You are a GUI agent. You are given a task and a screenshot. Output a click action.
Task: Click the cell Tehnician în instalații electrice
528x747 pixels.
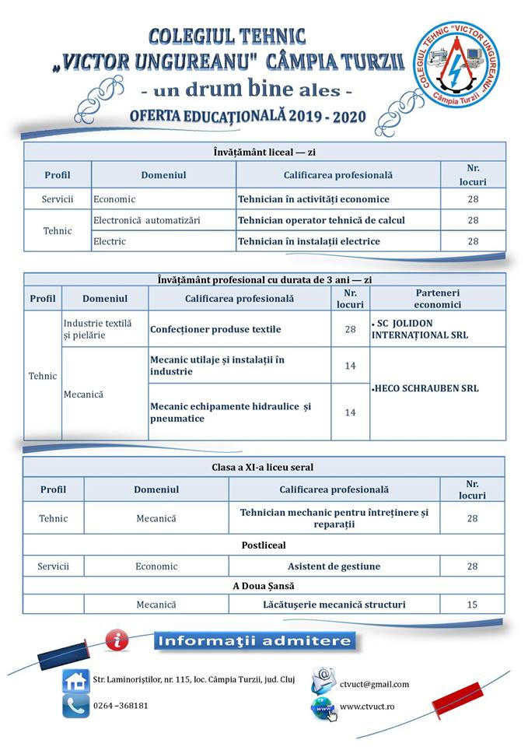click(x=309, y=241)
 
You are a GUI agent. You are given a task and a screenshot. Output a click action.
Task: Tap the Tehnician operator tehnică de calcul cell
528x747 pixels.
click(x=321, y=220)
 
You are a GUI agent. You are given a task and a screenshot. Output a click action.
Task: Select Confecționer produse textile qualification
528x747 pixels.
click(x=215, y=329)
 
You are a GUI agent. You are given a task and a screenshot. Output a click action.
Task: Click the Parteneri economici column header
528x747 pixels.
click(x=437, y=298)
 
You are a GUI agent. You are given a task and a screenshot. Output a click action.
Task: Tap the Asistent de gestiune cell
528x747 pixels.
click(x=334, y=566)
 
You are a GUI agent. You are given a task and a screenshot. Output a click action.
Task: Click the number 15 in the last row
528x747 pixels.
click(x=472, y=605)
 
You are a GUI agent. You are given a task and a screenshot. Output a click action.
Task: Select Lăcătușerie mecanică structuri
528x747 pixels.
click(x=334, y=605)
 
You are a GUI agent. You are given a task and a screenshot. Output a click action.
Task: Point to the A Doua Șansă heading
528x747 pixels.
click(x=264, y=585)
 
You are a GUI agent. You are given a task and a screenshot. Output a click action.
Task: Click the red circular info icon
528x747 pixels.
click(x=117, y=640)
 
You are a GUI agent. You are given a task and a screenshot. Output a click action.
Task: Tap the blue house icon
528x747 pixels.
click(x=76, y=681)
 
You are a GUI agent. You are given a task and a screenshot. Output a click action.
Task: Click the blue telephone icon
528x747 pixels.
click(x=76, y=705)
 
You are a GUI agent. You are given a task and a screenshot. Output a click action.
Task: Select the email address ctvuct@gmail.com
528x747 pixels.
click(x=374, y=684)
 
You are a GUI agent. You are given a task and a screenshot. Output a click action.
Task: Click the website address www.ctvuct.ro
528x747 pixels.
click(x=368, y=707)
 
